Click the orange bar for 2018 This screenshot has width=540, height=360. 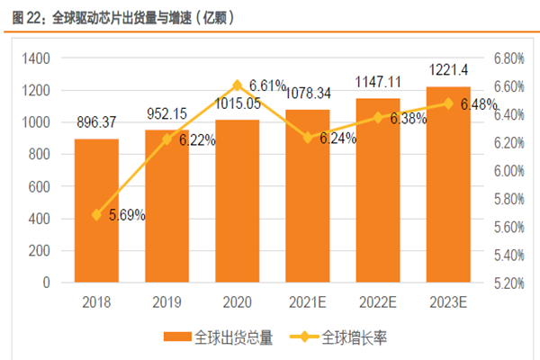point(96,211)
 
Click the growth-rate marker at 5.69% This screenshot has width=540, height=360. point(96,215)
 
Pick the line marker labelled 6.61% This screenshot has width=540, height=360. point(238,85)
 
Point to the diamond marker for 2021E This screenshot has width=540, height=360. point(308,138)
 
